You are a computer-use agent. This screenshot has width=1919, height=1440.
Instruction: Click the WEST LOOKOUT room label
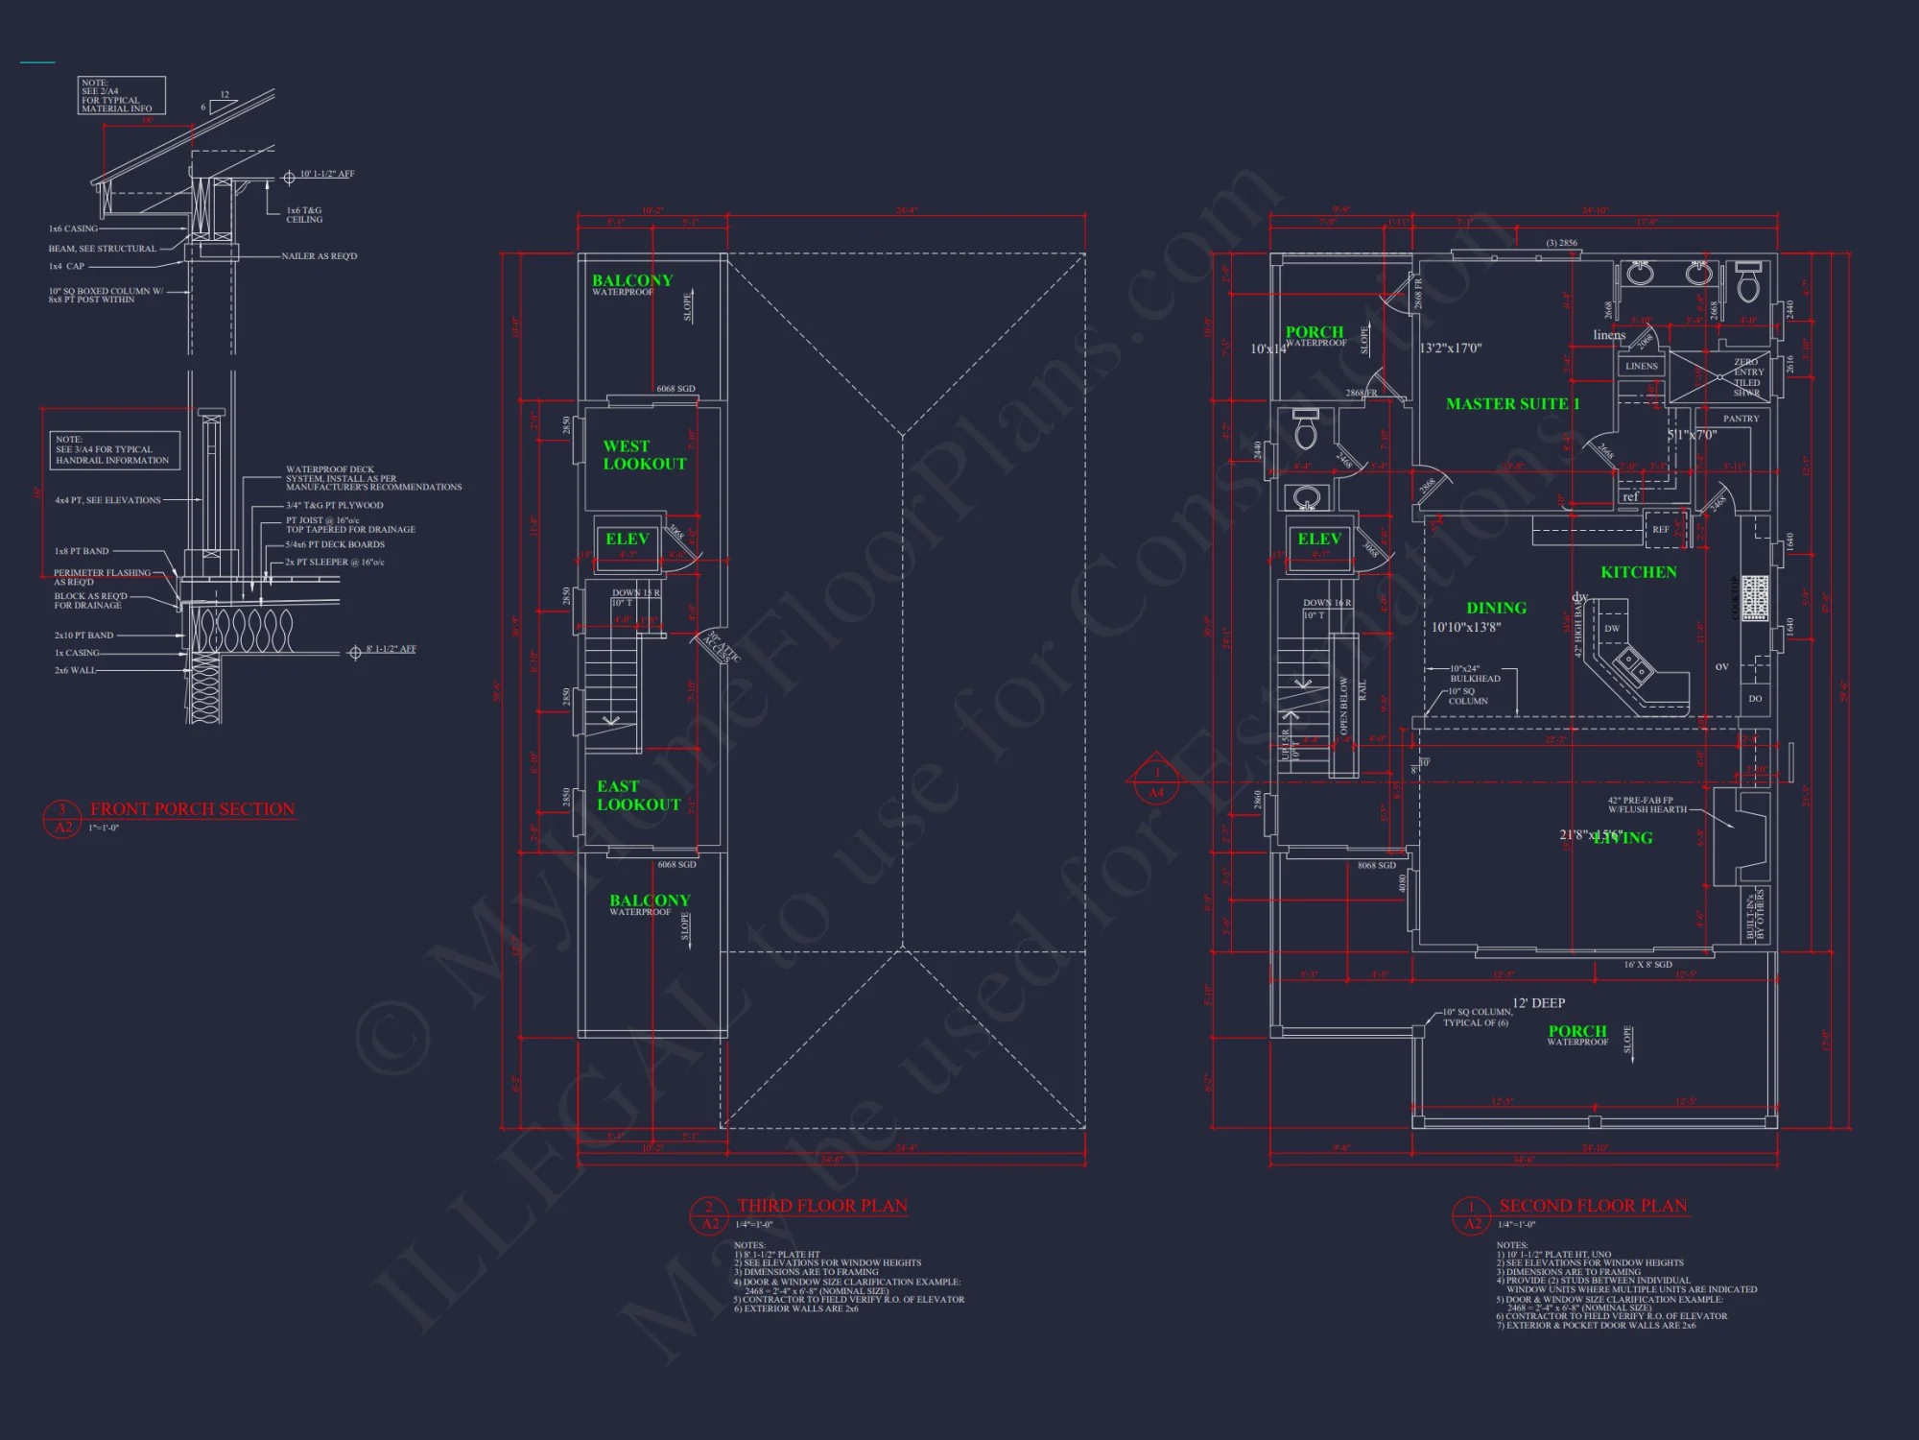pyautogui.click(x=644, y=455)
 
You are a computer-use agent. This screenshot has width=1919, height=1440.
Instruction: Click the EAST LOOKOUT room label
pyautogui.click(x=638, y=796)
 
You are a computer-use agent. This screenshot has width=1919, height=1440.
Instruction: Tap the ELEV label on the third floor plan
pyautogui.click(x=627, y=540)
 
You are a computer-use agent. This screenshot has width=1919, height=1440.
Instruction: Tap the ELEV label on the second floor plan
pyautogui.click(x=1318, y=540)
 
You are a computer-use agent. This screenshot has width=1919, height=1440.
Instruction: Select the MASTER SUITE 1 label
pyautogui.click(x=1512, y=404)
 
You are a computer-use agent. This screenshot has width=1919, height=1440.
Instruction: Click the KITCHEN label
pyautogui.click(x=1638, y=572)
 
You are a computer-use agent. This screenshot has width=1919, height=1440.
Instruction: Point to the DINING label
pyautogui.click(x=1496, y=608)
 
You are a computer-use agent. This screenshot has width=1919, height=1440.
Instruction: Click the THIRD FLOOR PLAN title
pyautogui.click(x=822, y=1206)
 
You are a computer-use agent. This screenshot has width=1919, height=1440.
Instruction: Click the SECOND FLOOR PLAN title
pyautogui.click(x=1592, y=1206)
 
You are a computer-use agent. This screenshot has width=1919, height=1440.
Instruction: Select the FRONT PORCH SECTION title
pyautogui.click(x=192, y=809)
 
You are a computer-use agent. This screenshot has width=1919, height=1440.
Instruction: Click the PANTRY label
pyautogui.click(x=1741, y=419)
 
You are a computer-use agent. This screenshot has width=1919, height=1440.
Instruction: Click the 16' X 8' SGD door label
pyautogui.click(x=1647, y=964)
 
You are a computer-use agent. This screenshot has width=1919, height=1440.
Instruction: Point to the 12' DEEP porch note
pyautogui.click(x=1538, y=1003)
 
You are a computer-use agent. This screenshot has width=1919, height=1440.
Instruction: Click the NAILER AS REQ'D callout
pyautogui.click(x=319, y=256)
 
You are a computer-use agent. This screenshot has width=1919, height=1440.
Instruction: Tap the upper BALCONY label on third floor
pyautogui.click(x=631, y=280)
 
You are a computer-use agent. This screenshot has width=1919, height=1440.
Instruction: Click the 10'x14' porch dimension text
pyautogui.click(x=1267, y=349)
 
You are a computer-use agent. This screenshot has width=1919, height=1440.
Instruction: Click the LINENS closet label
pyautogui.click(x=1641, y=366)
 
